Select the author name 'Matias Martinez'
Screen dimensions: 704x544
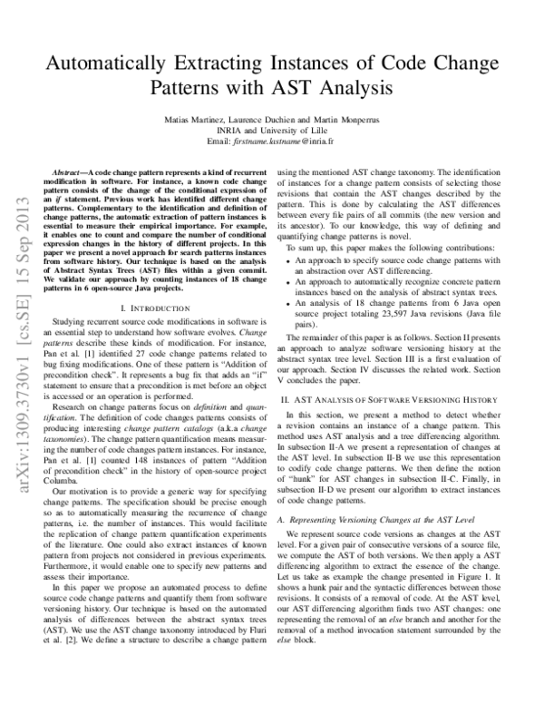(192, 121)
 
